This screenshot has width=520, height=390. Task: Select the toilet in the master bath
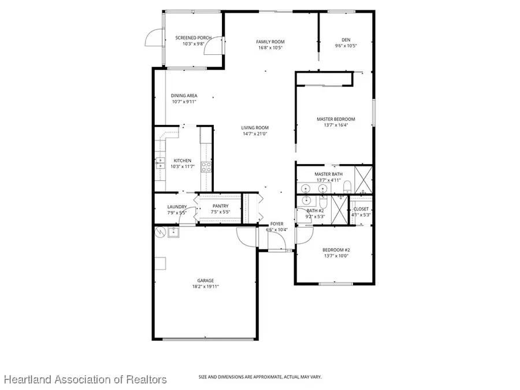347,186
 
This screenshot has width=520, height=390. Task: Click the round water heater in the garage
160,232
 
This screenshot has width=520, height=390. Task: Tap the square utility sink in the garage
173,232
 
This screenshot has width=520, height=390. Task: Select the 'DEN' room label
346,40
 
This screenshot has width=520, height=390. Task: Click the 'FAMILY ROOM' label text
270,42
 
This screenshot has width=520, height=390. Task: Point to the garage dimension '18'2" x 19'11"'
206,287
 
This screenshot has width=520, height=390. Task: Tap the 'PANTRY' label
220,206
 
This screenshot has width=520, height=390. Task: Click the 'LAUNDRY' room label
176,207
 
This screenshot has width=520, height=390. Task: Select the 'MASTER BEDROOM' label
336,119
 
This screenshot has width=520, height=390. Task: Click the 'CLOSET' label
361,209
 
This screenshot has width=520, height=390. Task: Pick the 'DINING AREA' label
184,96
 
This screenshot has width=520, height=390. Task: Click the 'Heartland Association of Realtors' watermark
86,380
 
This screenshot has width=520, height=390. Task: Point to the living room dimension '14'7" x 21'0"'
255,133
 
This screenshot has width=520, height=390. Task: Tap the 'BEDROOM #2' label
336,250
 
